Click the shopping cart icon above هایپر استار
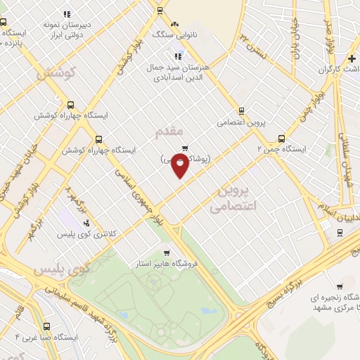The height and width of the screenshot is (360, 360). click(166, 253)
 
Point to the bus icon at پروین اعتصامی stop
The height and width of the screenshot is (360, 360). click(241, 110)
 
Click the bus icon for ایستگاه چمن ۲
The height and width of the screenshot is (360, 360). click(281, 139)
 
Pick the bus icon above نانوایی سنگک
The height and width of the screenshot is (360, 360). click(161, 11)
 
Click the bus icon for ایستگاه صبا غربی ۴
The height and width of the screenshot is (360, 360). click(46, 326)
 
